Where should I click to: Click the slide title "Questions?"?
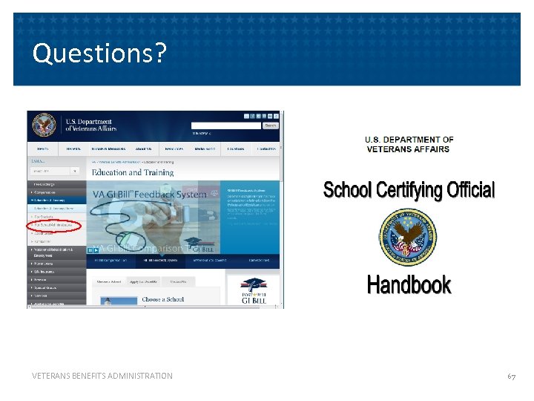coord(100,53)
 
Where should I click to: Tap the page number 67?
coord(512,376)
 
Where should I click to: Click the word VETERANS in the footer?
coord(54,376)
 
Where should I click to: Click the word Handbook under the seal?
coord(409,284)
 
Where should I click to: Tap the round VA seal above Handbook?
coord(408,237)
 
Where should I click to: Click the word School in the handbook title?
coord(347,191)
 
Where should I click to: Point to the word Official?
coord(471,191)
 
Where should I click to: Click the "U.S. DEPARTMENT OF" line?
coord(409,140)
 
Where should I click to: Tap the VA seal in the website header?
coord(45,125)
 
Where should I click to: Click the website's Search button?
coord(271,125)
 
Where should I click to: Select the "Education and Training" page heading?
coord(132,172)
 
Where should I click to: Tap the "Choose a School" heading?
coord(163,299)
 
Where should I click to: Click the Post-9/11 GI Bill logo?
coord(253,292)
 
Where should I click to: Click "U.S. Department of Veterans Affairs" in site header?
coord(88,125)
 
